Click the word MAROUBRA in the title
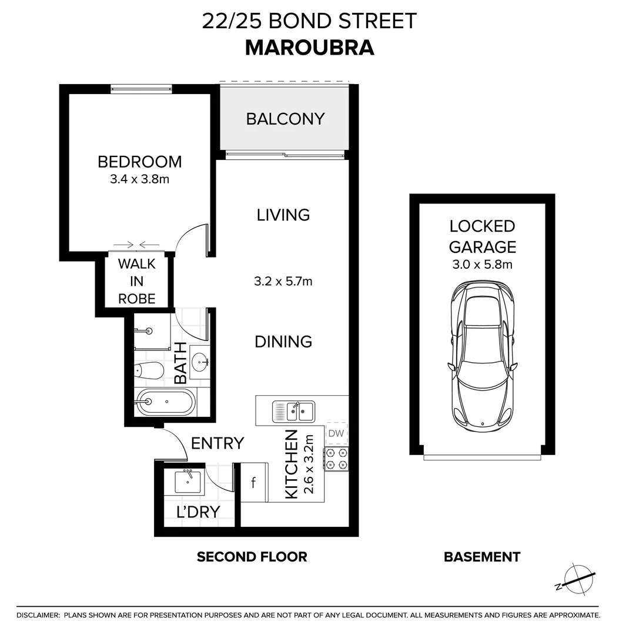(x=309, y=47)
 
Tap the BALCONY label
(x=285, y=119)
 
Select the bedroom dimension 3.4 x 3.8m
(x=139, y=179)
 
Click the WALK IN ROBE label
(x=137, y=281)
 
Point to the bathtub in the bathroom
(x=164, y=402)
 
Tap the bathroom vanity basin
(x=199, y=360)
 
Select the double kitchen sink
(x=293, y=411)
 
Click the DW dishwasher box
(x=336, y=434)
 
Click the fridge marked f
(x=254, y=483)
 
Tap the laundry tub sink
(x=188, y=482)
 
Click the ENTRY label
(x=218, y=443)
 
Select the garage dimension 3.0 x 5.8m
(x=482, y=265)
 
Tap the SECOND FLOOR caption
(x=252, y=557)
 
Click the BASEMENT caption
(x=482, y=557)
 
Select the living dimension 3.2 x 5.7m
(x=283, y=281)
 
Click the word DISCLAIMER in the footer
(x=38, y=615)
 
